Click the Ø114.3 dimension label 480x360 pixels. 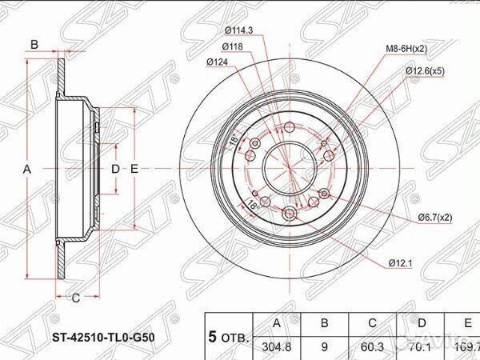coord(238,31)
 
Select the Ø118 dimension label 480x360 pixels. coord(232,46)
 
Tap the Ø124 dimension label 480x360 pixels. coord(218,62)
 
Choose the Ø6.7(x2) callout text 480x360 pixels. coord(434,217)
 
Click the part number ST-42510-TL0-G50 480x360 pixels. coord(104,337)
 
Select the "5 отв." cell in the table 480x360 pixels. coord(229,336)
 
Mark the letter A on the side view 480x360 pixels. coord(27,169)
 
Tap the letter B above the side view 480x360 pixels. coord(34,44)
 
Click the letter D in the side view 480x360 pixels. coord(115,169)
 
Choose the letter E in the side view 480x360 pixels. coord(134,169)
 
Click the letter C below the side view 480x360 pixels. coord(75,298)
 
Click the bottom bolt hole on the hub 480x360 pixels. coord(289,213)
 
